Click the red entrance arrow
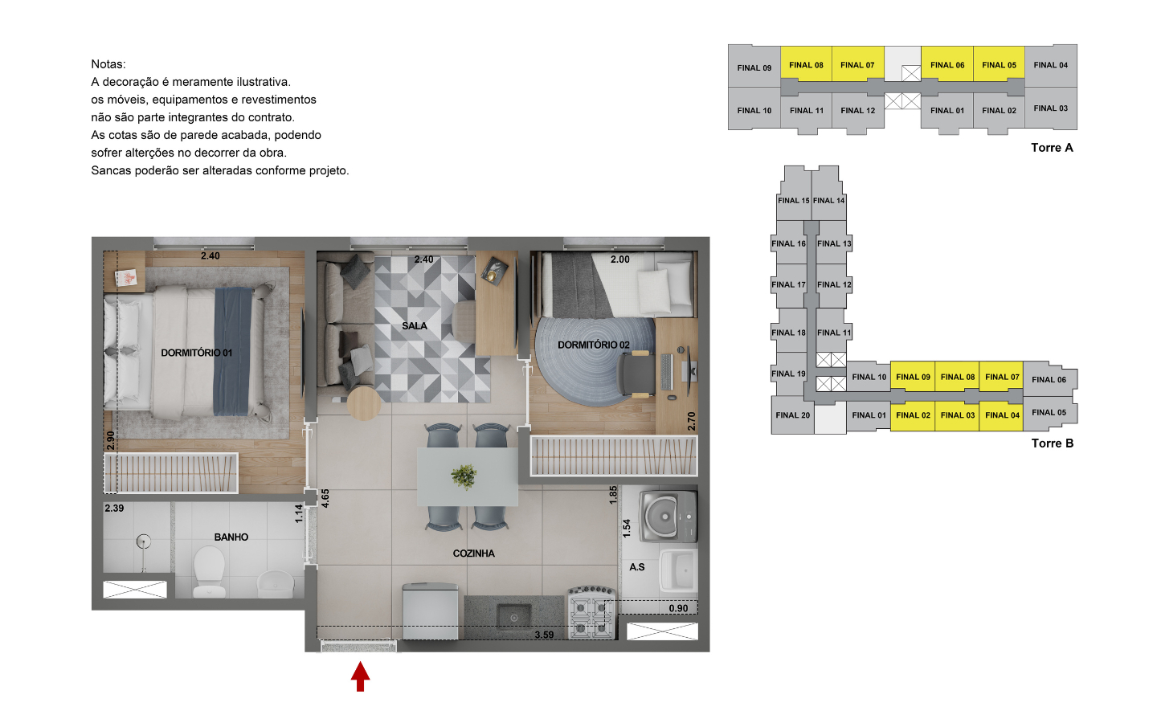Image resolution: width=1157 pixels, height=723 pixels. coord(361,676)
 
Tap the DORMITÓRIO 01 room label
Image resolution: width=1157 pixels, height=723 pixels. coord(196,353)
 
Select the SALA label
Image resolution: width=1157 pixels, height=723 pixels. coord(415,326)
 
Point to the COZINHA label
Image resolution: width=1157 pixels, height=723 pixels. coord(474,553)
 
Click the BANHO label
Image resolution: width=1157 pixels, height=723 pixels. coord(231,537)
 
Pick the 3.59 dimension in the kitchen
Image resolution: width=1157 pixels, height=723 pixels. coord(544,635)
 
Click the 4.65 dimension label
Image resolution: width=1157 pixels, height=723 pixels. coord(325,498)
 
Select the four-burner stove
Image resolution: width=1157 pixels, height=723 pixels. coord(591,612)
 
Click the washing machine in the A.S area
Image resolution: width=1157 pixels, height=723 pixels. coord(668,517)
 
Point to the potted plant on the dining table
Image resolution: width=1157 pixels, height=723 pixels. coord(464,476)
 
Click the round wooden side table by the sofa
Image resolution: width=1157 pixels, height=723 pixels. coord(364,403)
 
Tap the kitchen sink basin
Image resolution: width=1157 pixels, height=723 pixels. coord(514,618)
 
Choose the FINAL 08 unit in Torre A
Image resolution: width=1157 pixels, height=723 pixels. coord(806,64)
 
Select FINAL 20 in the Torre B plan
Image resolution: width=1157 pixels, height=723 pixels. coord(793,415)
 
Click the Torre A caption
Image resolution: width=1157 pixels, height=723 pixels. coord(1053,148)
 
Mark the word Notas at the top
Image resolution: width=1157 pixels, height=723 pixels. coord(108,64)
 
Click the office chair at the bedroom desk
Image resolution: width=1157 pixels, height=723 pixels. coord(636,374)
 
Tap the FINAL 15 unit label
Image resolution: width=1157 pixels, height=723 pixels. coord(793,200)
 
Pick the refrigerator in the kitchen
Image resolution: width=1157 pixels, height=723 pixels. coord(430,611)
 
